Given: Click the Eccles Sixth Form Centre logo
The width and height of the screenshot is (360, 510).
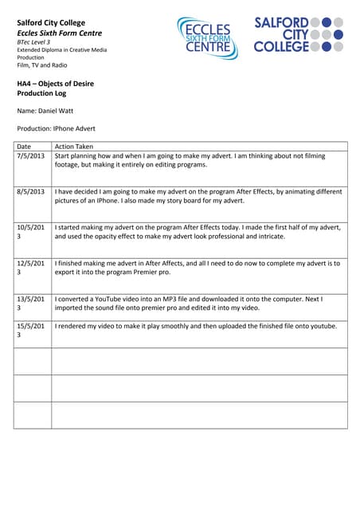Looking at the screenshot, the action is click(207, 37).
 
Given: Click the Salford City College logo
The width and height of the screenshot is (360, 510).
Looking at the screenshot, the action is click(299, 34).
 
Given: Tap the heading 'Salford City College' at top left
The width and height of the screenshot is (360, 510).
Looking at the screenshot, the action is click(51, 22).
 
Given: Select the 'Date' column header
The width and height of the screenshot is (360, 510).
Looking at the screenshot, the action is click(24, 147).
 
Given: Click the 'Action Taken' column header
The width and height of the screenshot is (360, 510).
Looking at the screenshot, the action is click(74, 147).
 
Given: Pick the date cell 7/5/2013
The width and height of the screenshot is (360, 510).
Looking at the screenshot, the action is click(31, 156).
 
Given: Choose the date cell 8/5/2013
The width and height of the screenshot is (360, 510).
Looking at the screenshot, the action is click(31, 192).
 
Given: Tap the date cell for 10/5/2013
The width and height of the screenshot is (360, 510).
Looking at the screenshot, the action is click(30, 232).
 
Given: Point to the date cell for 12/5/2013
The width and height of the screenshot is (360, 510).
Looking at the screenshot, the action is click(30, 268).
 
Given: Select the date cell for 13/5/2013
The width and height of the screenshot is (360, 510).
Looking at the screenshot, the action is click(30, 304).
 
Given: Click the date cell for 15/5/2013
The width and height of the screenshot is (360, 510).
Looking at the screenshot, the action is click(30, 331).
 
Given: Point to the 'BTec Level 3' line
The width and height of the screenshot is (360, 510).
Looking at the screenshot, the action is click(33, 41).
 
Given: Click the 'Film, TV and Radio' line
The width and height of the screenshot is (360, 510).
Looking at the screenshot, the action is click(42, 65).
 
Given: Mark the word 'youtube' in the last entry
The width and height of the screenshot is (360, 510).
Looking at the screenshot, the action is click(323, 326).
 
